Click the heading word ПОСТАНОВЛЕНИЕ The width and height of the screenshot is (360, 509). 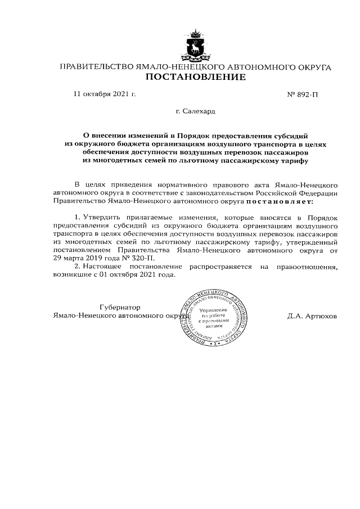[x=195, y=77]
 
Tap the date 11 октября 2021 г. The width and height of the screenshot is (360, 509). [x=105, y=94]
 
